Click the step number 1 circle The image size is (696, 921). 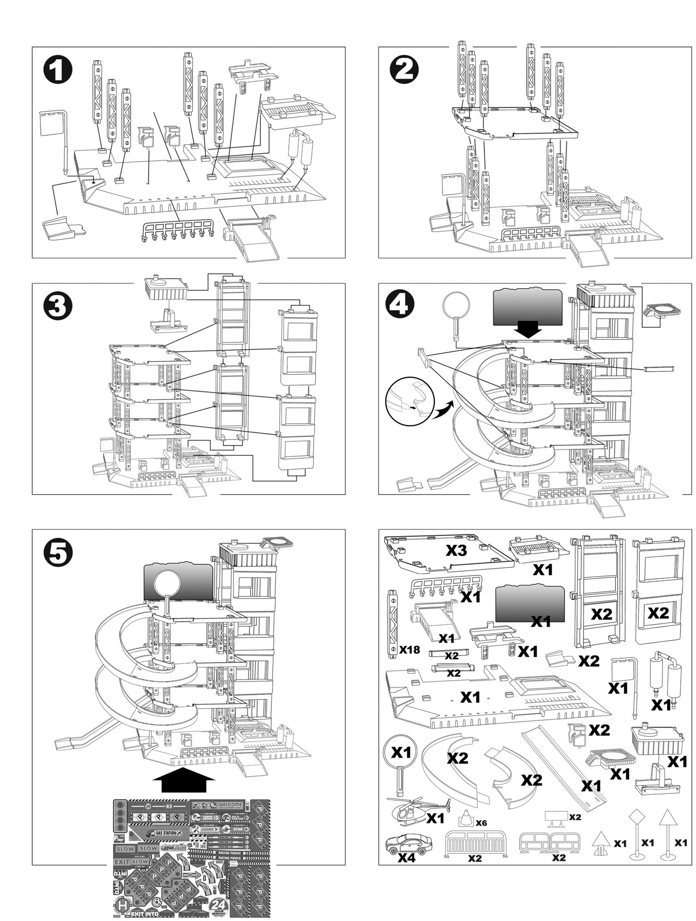[58, 72]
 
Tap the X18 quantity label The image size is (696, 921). [409, 650]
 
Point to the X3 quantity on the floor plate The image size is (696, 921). [456, 551]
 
